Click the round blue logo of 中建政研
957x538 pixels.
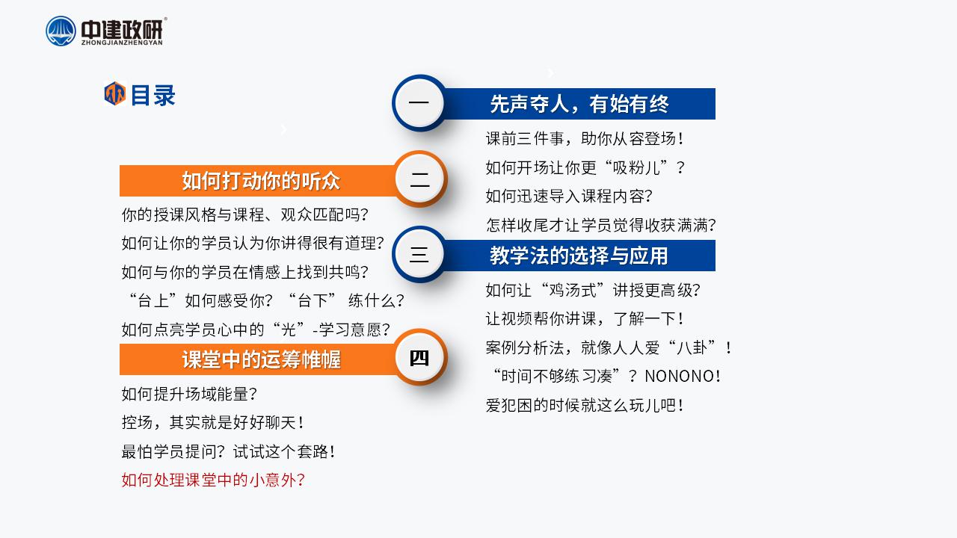pos(61,31)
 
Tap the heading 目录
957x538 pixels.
pos(153,95)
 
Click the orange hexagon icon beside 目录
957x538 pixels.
pos(115,93)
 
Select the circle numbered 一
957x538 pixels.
pos(419,102)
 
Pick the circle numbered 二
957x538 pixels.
pos(420,179)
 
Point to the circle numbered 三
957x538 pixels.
pos(419,255)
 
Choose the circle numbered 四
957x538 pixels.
pos(420,357)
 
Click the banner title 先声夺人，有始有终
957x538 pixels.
pos(579,104)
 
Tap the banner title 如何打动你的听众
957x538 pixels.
pos(261,181)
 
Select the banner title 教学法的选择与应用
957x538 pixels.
pos(579,256)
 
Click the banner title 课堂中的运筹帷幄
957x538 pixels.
pos(261,359)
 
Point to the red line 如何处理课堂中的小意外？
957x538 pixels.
pos(213,480)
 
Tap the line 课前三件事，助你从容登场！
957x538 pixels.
pos(585,139)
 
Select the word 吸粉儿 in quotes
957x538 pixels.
pos(636,167)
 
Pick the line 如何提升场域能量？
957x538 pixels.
pos(189,394)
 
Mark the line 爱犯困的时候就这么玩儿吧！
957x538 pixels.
pos(585,405)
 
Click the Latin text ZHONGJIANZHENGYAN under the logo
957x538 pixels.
pos(122,43)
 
